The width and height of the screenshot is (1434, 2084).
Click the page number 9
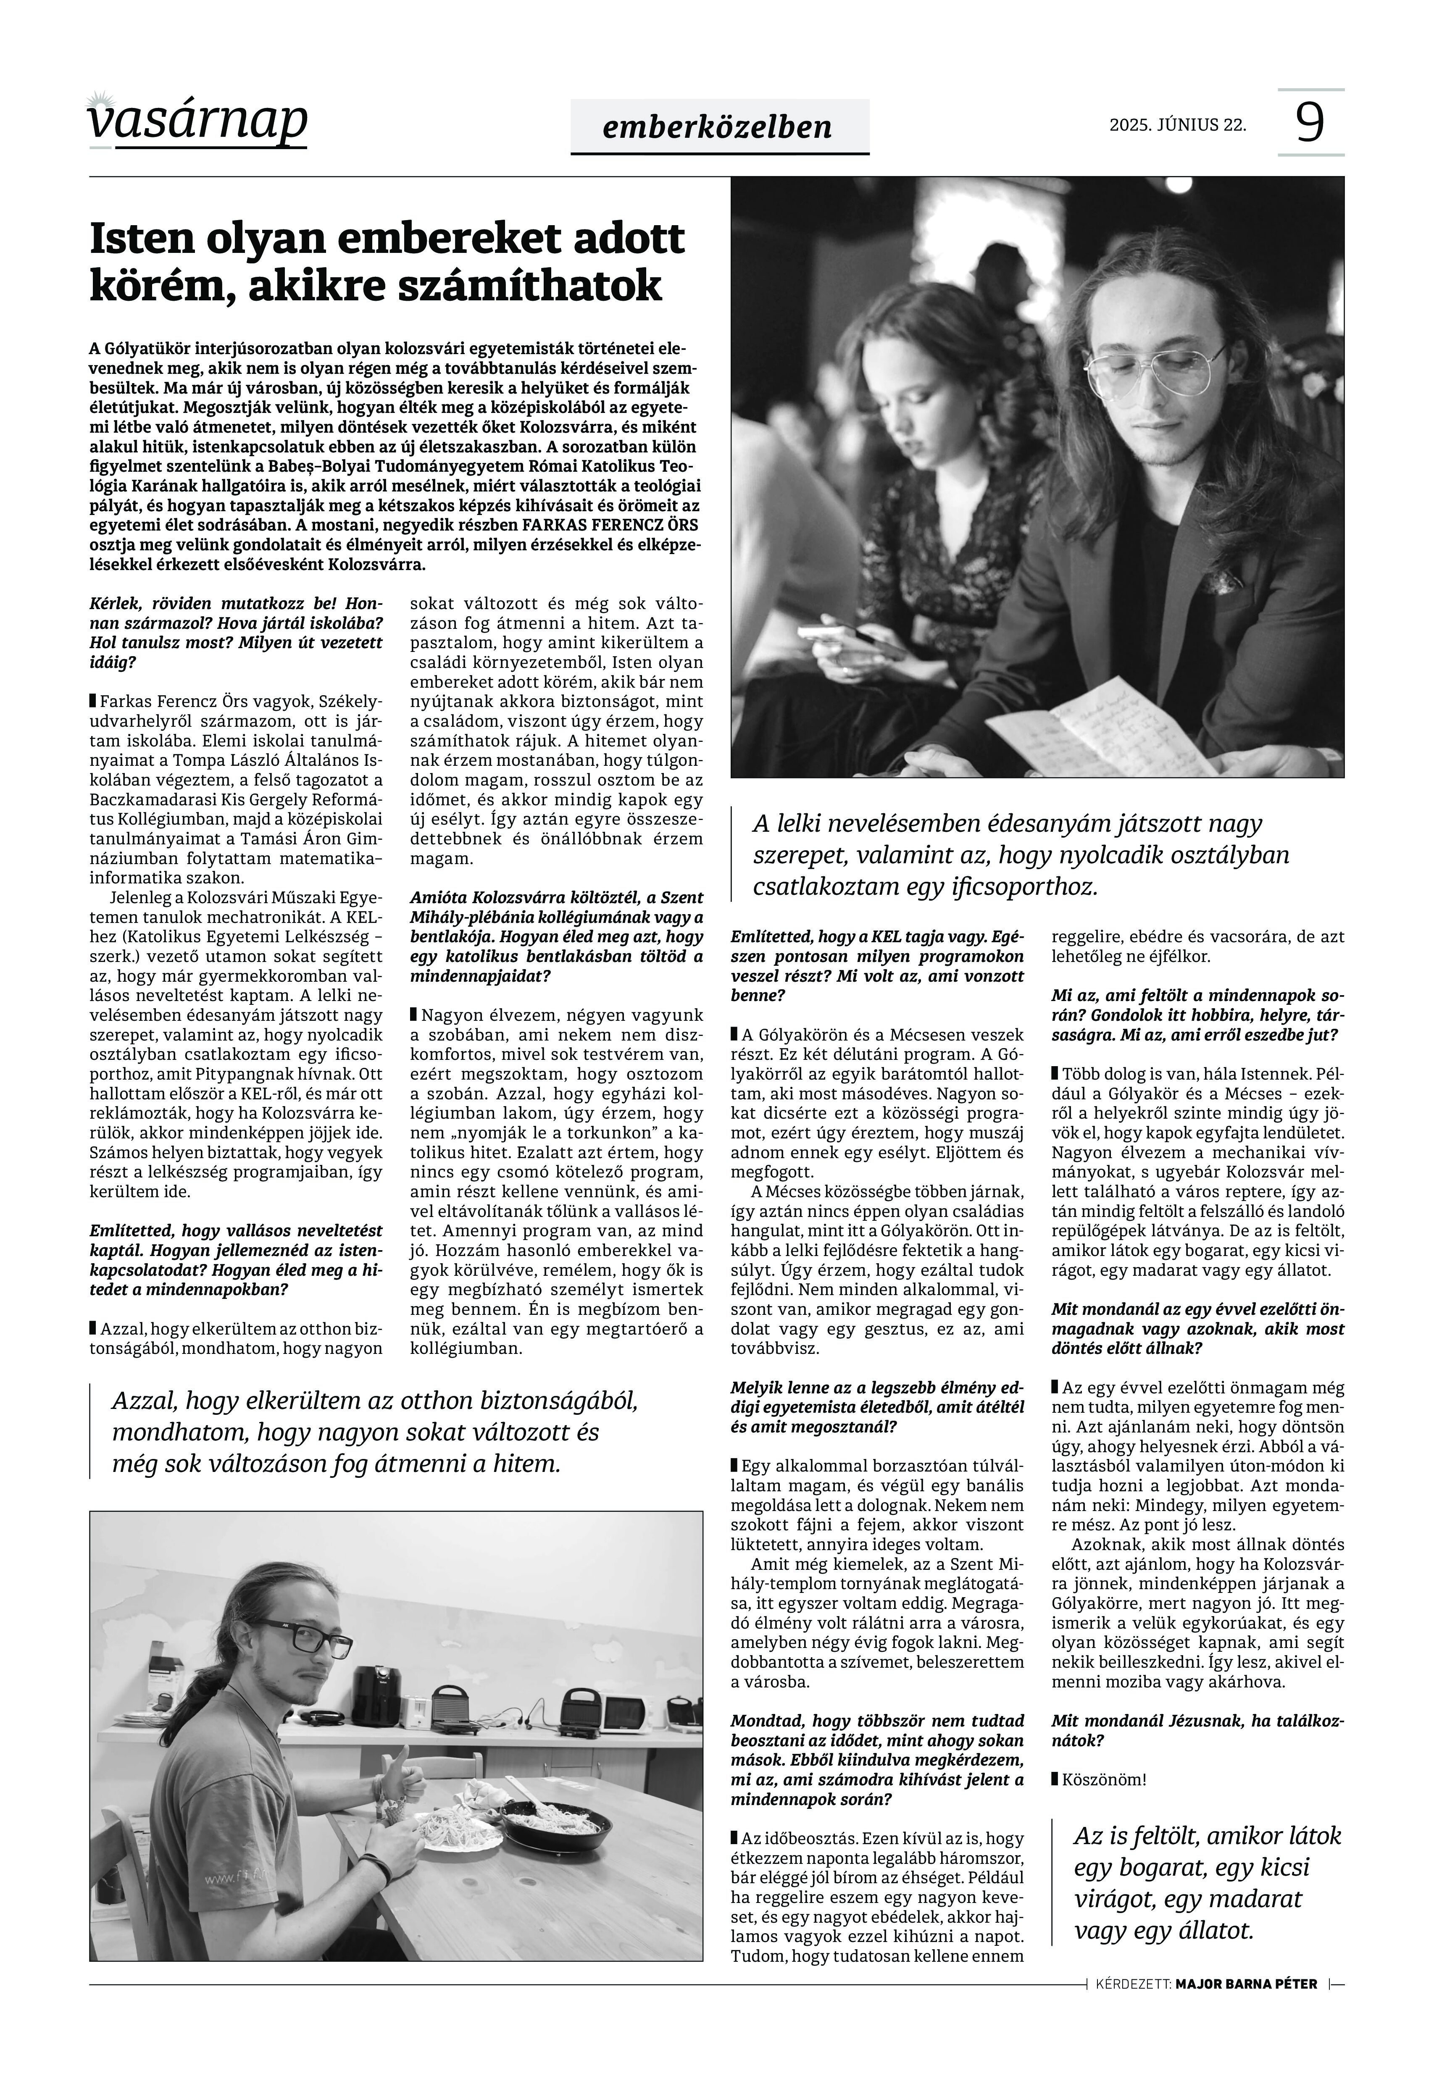coord(1310,122)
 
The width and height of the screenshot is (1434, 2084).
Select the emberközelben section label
coord(718,128)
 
